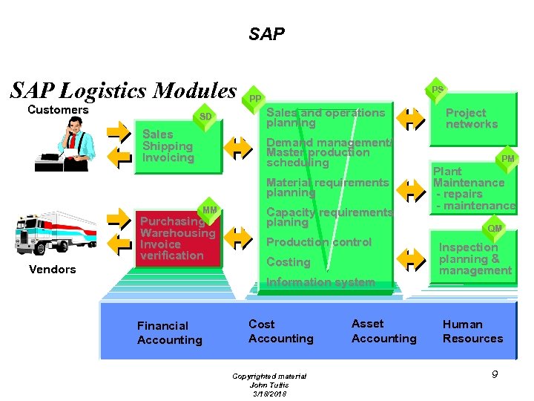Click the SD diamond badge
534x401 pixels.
click(205, 117)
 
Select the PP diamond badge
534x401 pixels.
click(254, 99)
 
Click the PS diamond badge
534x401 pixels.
click(438, 90)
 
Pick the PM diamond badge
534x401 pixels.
click(508, 159)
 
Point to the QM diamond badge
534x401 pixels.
click(495, 228)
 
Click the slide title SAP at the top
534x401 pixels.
click(266, 34)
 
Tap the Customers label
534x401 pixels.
click(58, 110)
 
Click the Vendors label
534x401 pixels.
click(52, 270)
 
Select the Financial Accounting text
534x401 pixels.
click(169, 333)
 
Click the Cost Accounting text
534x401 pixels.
click(280, 331)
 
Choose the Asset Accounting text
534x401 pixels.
click(383, 331)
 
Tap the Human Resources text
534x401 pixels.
click(472, 331)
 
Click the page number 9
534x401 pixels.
click(495, 375)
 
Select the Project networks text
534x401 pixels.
click(471, 119)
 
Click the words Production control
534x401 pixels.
click(319, 242)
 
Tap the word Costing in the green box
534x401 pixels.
click(288, 262)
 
